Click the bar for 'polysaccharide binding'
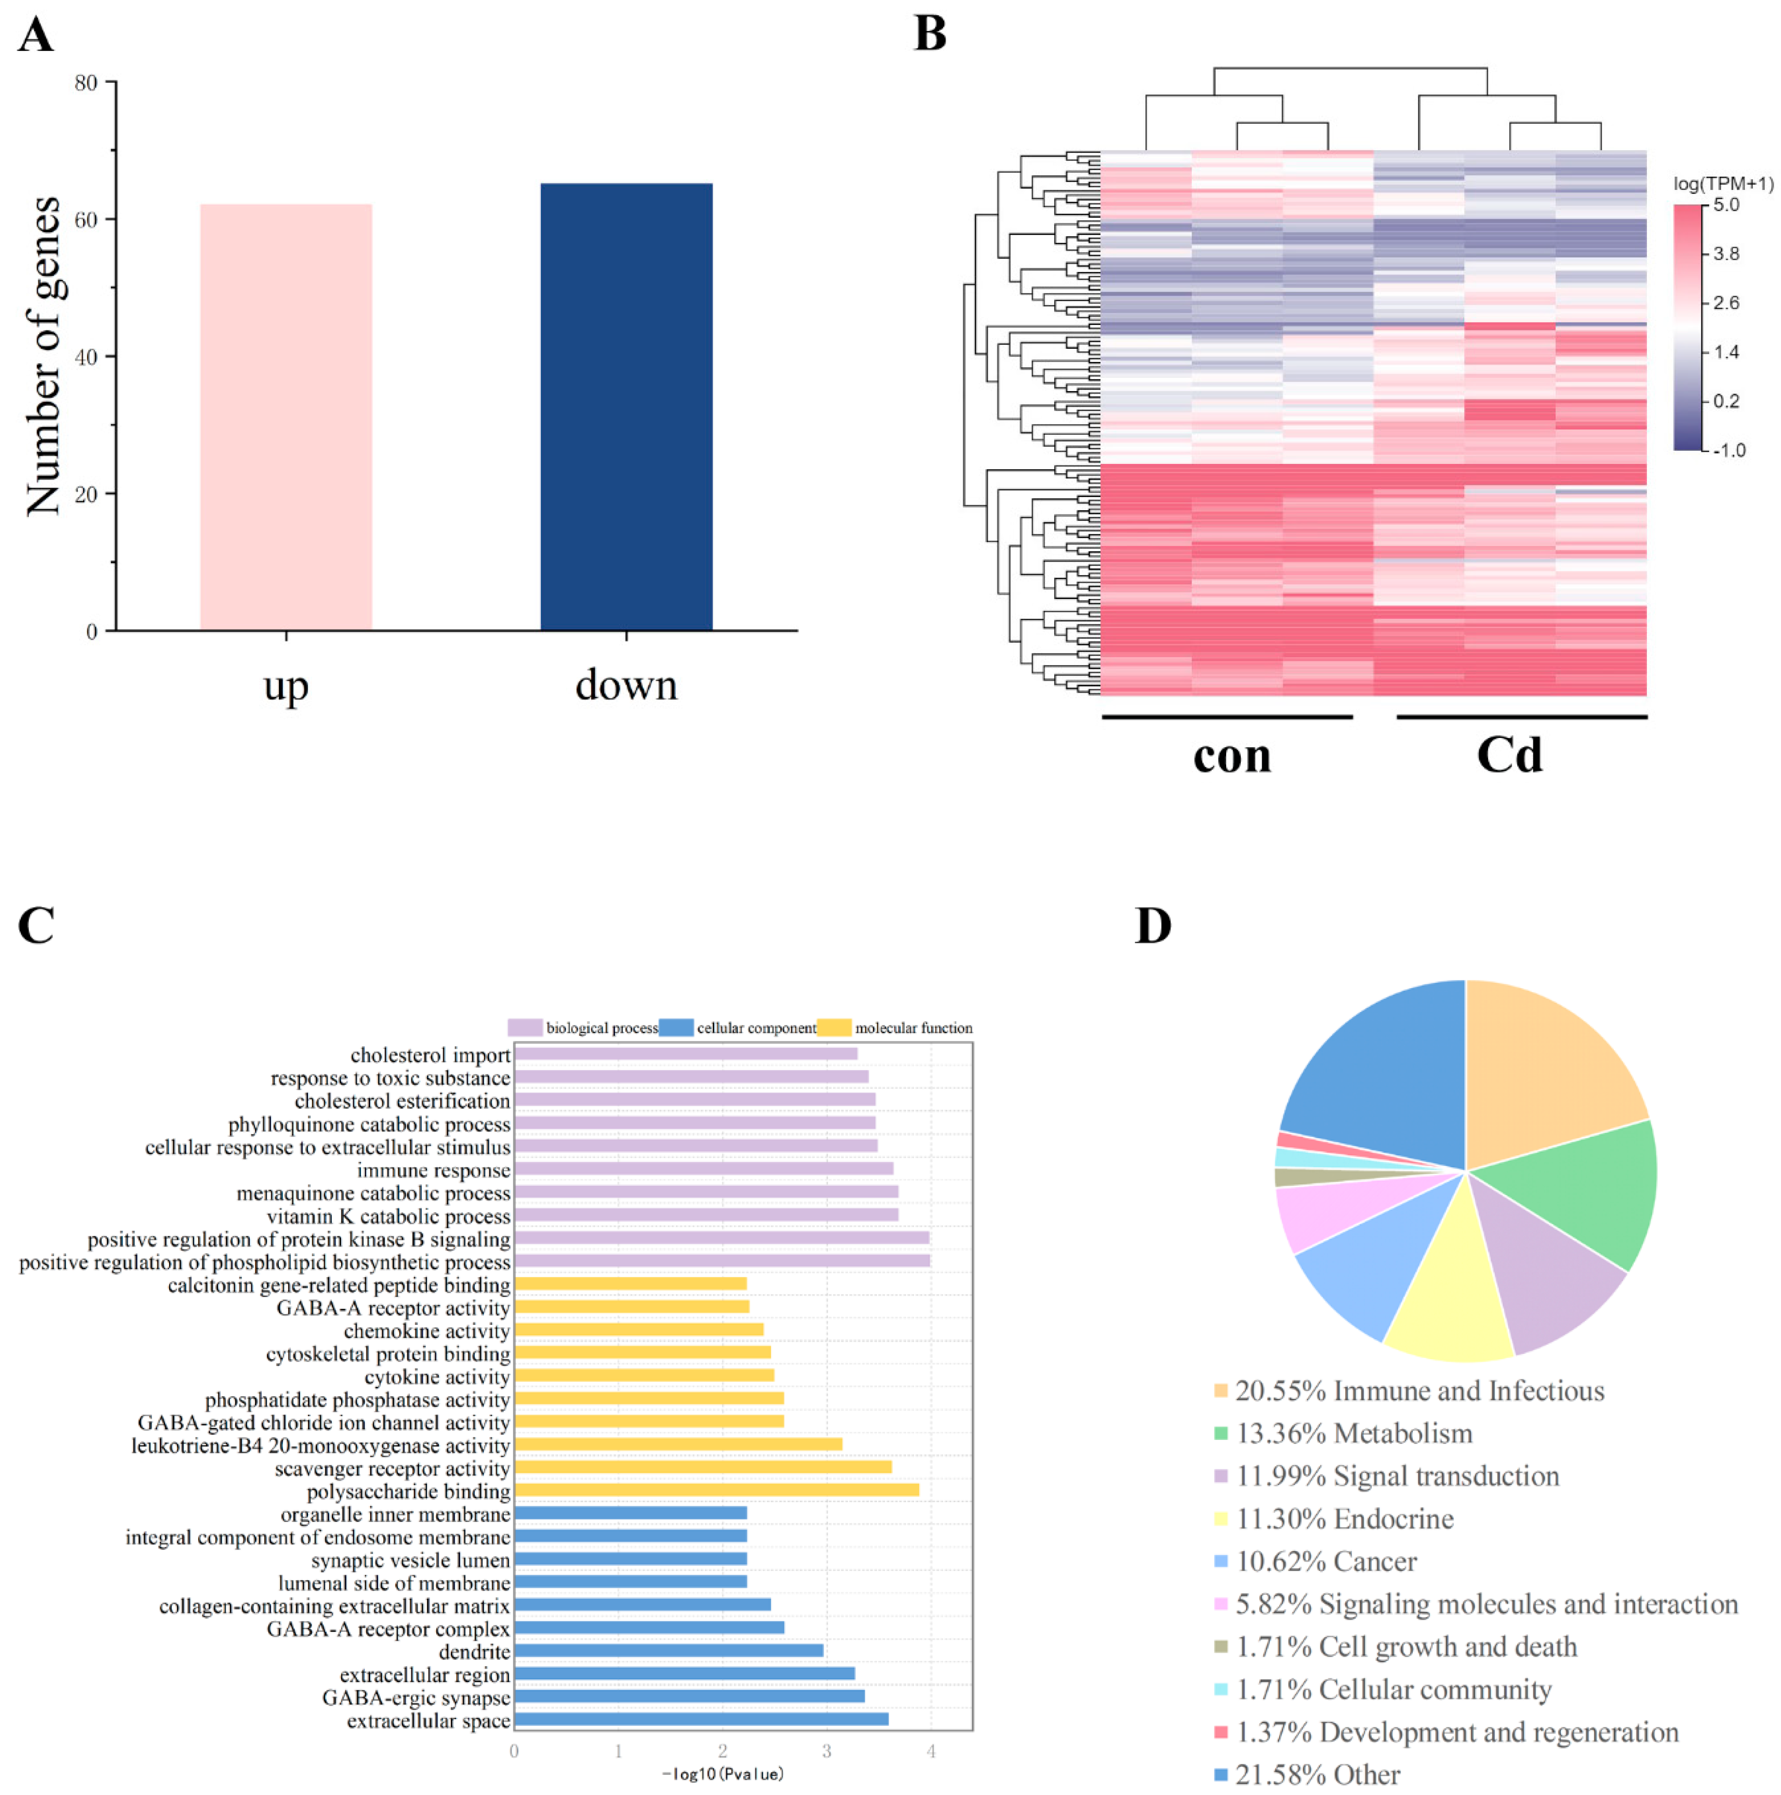pyautogui.click(x=716, y=1490)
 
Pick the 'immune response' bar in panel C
pyautogui.click(x=703, y=1169)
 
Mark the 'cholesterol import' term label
pyautogui.click(x=429, y=1056)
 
